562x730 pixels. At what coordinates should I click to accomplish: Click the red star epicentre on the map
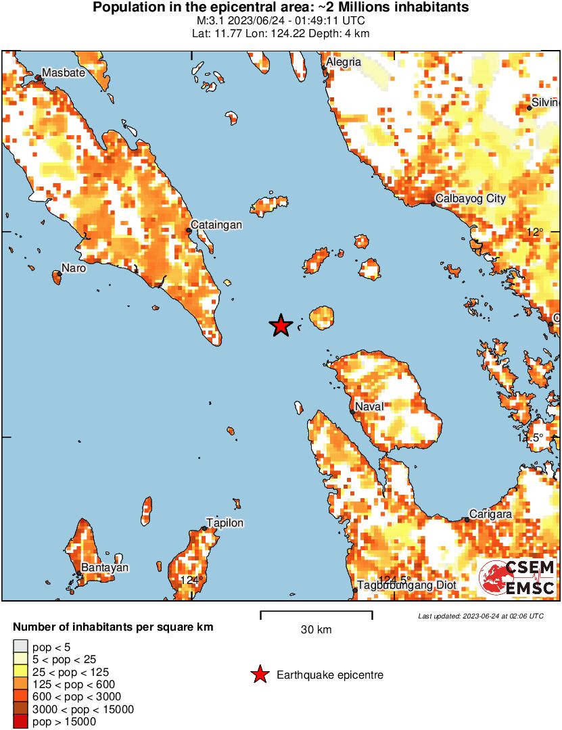(281, 326)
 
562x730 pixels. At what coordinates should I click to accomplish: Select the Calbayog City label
(471, 199)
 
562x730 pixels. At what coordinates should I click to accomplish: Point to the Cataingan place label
(216, 225)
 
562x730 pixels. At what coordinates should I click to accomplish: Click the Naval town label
(370, 406)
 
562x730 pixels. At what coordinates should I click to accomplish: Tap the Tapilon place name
(225, 522)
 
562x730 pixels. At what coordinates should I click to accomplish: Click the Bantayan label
(105, 567)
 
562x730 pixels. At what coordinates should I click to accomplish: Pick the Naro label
(74, 268)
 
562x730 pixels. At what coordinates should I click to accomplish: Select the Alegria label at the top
(344, 62)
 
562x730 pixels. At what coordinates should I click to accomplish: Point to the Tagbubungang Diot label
(406, 585)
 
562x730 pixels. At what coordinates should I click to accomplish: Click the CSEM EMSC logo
(518, 578)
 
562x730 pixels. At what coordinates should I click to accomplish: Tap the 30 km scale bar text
(316, 629)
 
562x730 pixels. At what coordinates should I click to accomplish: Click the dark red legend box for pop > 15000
(20, 721)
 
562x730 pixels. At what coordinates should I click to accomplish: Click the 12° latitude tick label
(535, 232)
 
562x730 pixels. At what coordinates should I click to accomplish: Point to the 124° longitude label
(191, 580)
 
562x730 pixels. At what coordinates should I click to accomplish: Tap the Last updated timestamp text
(480, 616)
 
